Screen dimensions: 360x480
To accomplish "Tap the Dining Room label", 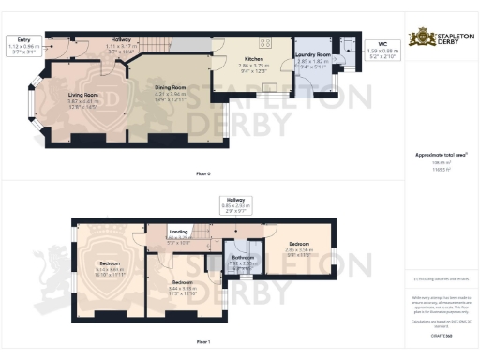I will pos(172,86).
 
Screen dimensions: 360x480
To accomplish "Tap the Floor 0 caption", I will pos(201,172).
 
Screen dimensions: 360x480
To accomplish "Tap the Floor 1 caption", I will pos(201,343).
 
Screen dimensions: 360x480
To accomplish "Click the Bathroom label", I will pos(242,256).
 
